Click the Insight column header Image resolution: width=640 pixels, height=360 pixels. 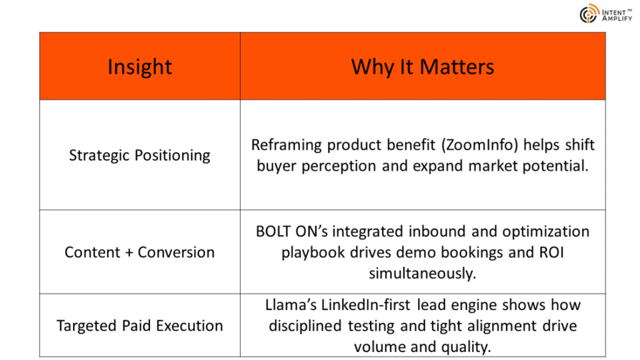pyautogui.click(x=139, y=66)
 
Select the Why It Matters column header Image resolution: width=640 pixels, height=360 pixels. pyautogui.click(x=422, y=66)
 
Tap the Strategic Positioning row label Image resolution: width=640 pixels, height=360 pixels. pyautogui.click(x=139, y=156)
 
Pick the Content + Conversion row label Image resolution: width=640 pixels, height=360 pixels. pyautogui.click(x=139, y=252)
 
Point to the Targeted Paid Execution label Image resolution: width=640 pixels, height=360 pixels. pyautogui.click(x=139, y=326)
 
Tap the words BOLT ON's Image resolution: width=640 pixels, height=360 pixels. pyautogui.click(x=292, y=231)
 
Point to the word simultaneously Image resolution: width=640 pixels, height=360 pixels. pyautogui.click(x=422, y=274)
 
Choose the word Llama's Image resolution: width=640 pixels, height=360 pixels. pyautogui.click(x=291, y=305)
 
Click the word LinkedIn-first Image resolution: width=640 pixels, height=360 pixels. pyautogui.click(x=366, y=305)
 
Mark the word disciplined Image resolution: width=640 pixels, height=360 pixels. pyautogui.click(x=305, y=326)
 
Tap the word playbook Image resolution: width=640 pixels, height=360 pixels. pyautogui.click(x=313, y=252)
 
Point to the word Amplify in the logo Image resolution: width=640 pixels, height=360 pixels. pyautogui.click(x=617, y=18)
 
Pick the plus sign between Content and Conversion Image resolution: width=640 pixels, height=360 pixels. pyautogui.click(x=129, y=252)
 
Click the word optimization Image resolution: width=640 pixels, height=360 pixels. pyautogui.click(x=546, y=232)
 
